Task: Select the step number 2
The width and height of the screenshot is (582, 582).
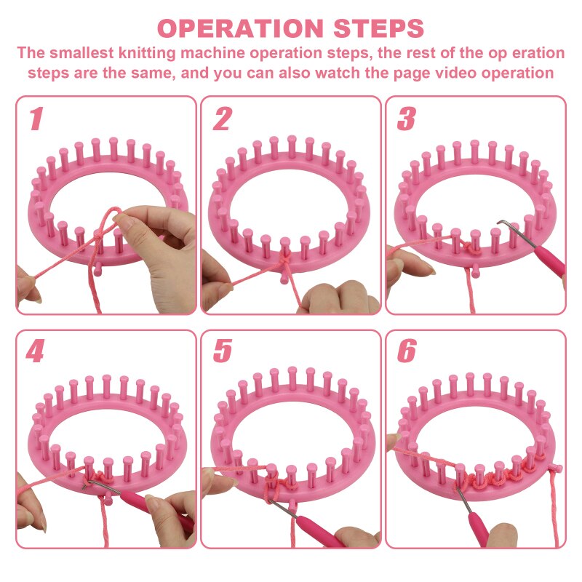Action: pos(221,119)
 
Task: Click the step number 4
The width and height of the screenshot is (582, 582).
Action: pos(34,352)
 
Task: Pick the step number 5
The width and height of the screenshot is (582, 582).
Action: pos(221,352)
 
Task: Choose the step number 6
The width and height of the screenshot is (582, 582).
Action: pos(407,352)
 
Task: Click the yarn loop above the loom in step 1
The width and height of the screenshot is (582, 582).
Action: pos(109,218)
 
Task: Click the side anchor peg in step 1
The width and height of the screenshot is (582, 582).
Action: pos(97,270)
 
